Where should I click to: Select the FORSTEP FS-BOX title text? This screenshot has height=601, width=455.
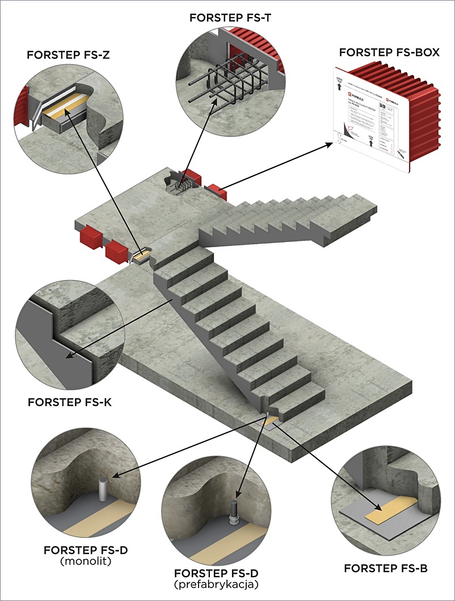[x=389, y=52]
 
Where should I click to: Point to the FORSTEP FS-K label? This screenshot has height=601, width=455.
[x=67, y=402]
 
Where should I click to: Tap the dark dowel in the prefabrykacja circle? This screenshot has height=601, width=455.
[x=233, y=511]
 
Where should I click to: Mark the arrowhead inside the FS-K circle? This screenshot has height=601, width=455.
[x=68, y=358]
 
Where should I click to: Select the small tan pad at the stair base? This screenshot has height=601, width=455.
[x=270, y=421]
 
